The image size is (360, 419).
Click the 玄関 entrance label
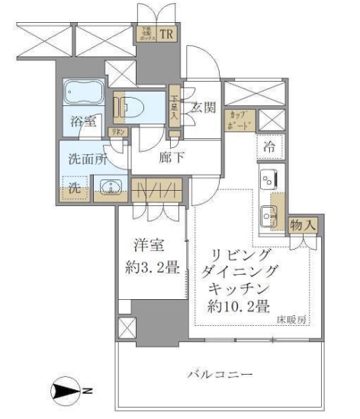(201, 106)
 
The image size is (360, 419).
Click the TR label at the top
(166, 34)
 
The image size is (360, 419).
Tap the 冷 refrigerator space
(271, 144)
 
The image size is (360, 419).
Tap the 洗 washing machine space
(76, 188)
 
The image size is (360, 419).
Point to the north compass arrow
(71, 392)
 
